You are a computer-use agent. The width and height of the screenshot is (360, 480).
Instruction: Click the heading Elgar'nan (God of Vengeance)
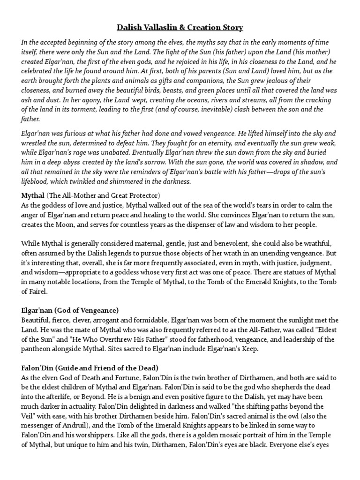click(70, 310)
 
